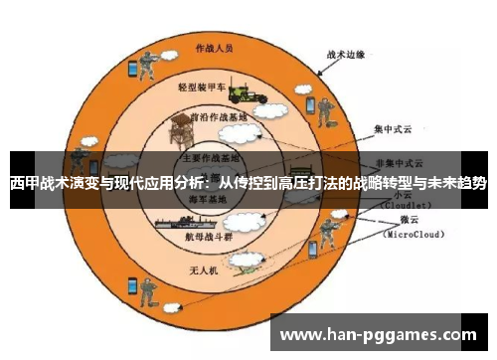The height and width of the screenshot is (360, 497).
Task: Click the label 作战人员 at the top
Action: point(214,48)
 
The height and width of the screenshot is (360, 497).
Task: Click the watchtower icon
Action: point(181,127)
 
